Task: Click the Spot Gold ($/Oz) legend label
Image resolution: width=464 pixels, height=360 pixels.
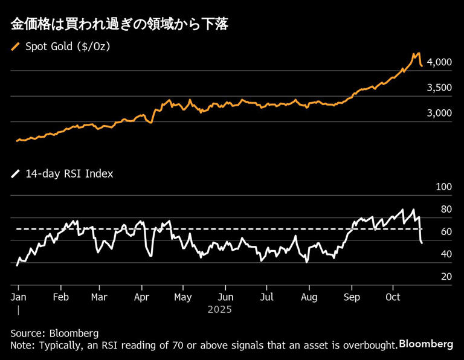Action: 67,46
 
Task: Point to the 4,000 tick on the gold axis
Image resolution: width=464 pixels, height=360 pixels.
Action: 439,62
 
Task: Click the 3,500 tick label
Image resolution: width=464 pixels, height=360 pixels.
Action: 439,88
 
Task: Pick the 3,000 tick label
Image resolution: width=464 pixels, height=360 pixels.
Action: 439,113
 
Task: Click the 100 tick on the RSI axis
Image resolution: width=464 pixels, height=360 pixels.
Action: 443,187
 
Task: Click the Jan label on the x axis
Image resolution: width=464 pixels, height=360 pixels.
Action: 19,297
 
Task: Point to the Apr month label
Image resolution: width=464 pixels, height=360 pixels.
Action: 141,297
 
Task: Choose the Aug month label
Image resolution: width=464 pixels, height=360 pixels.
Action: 309,297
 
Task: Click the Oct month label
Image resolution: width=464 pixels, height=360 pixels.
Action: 393,297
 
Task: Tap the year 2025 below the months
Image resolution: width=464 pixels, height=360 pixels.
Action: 219,309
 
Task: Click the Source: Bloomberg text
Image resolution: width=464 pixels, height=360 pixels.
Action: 54,333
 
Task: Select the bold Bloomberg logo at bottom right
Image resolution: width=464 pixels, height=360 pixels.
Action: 426,344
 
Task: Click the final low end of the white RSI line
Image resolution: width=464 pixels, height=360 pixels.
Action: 421,243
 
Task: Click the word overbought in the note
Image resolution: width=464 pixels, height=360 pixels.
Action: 370,345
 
